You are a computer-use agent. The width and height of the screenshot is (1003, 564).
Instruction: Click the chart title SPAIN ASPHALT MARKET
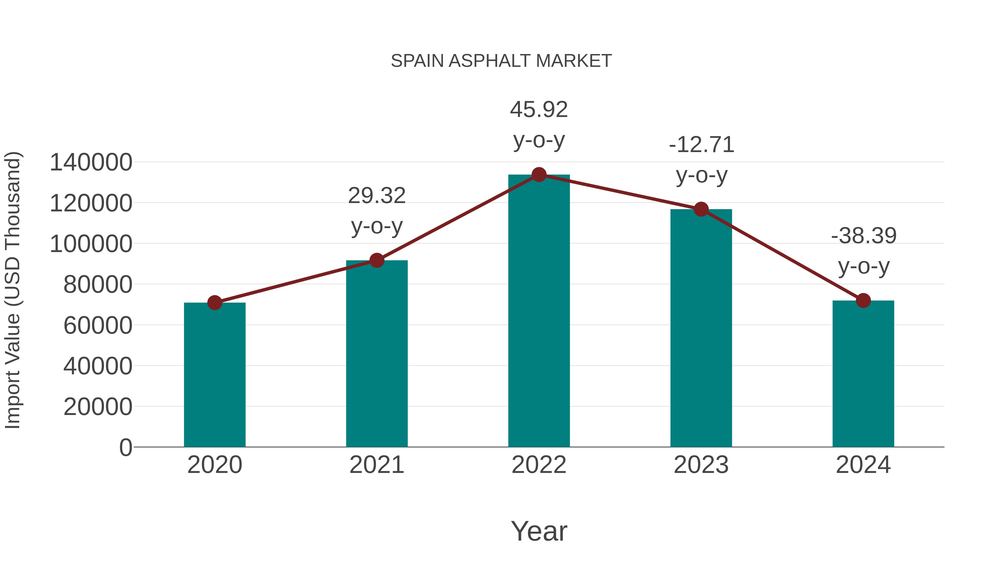(501, 61)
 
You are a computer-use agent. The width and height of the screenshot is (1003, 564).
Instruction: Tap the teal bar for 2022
(539, 311)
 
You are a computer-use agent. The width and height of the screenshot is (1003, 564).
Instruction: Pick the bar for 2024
(863, 374)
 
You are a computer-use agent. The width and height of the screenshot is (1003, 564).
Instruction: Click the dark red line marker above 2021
(376, 260)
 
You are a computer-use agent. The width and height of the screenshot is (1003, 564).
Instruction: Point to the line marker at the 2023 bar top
(701, 209)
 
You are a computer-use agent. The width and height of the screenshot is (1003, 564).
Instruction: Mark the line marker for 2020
(215, 302)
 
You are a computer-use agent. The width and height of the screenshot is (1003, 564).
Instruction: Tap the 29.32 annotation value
(376, 196)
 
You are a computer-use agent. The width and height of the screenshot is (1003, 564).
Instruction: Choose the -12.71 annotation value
(701, 145)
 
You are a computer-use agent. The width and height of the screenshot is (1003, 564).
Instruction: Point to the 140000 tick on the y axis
(91, 162)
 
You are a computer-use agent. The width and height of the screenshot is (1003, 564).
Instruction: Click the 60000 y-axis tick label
(98, 325)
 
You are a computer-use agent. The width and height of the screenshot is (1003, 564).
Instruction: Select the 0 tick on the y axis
(125, 447)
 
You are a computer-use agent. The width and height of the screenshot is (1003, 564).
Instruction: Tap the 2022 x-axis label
(539, 465)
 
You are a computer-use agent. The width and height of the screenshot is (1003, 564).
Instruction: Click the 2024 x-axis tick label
(863, 465)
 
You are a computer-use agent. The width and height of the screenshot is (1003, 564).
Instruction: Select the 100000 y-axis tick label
(91, 244)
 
